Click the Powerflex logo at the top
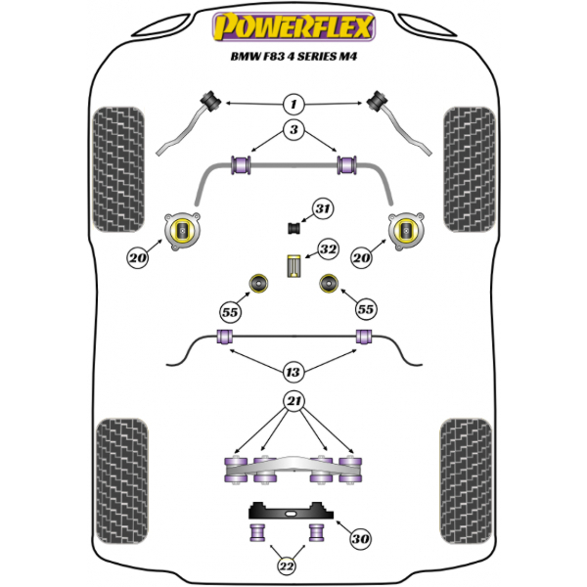click(293, 26)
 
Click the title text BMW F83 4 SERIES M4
click(293, 57)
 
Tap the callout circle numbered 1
click(293, 104)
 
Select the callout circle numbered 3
click(293, 129)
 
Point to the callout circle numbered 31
click(322, 208)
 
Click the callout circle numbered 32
click(328, 248)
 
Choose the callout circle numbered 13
click(293, 372)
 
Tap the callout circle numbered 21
click(293, 401)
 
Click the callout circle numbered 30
click(360, 538)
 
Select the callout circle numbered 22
click(287, 565)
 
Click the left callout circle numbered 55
click(230, 312)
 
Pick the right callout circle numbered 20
click(361, 258)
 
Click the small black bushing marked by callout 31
click(293, 228)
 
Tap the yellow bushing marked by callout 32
click(293, 266)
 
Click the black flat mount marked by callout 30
click(291, 511)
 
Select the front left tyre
click(118, 169)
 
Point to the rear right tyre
click(466, 481)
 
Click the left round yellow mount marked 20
click(182, 231)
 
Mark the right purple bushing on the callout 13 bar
click(364, 337)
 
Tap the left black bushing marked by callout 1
click(210, 101)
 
